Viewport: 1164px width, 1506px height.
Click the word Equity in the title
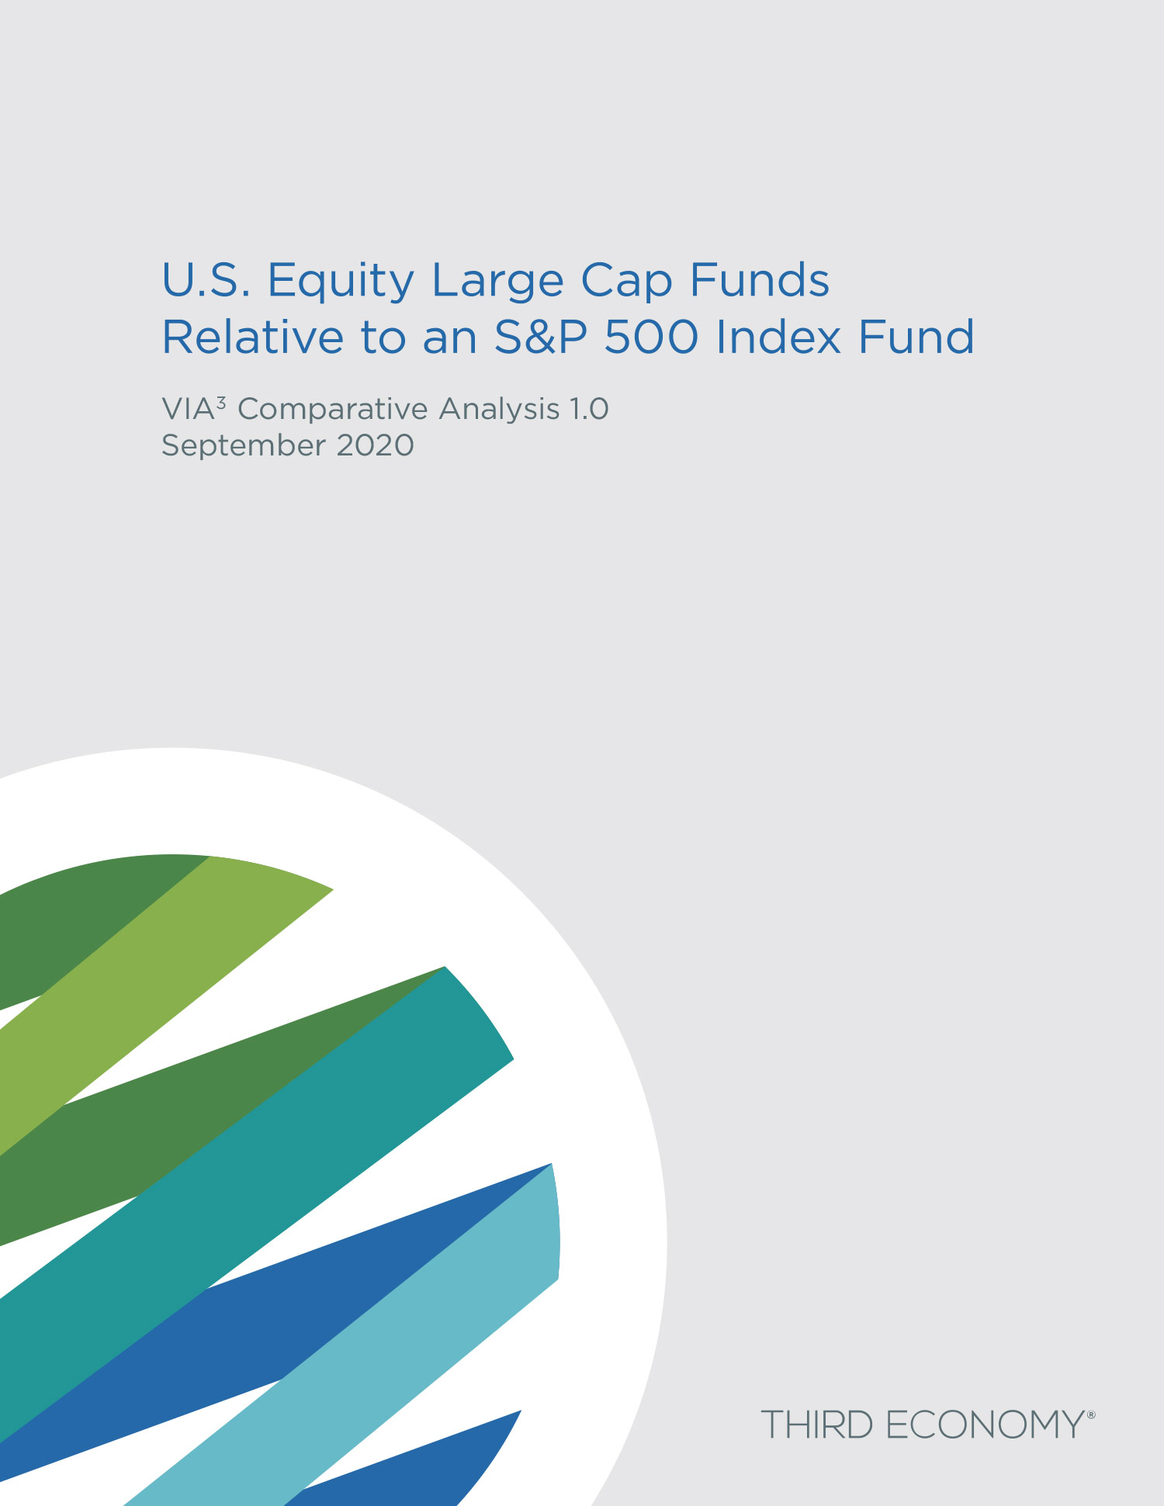tap(341, 282)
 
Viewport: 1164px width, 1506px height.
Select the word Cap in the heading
tap(626, 282)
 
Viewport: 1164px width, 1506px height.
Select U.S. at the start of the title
tap(206, 280)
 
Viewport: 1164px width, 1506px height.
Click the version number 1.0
tap(589, 409)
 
